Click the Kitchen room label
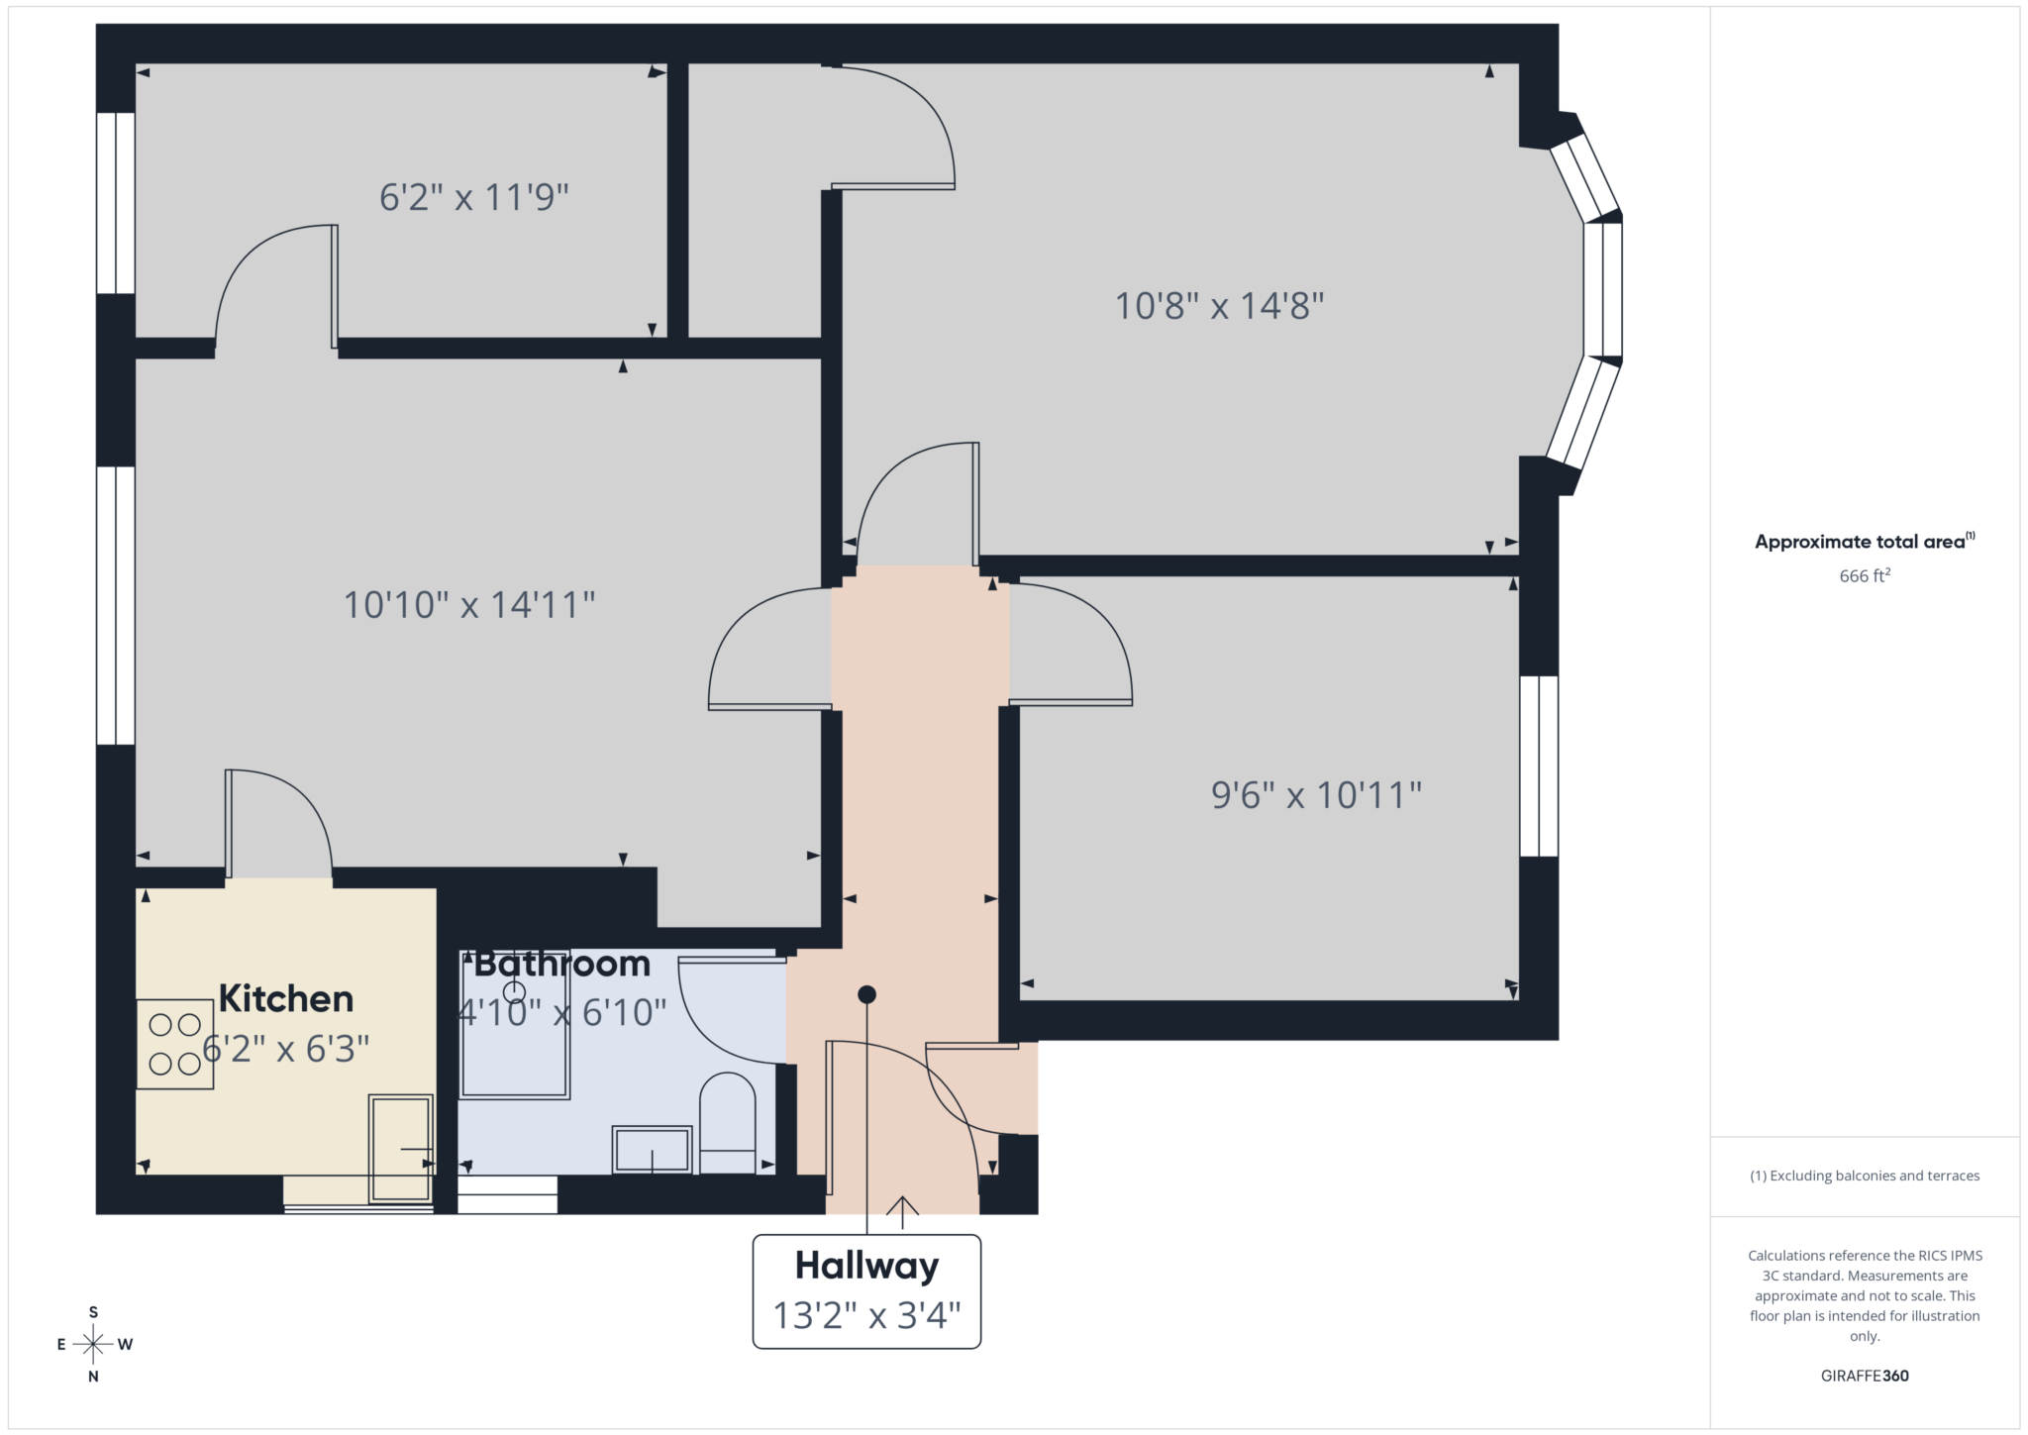(x=285, y=998)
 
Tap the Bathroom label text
(x=561, y=964)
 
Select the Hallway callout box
(x=866, y=1290)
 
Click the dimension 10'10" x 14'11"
(x=468, y=605)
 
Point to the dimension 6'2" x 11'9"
(x=473, y=197)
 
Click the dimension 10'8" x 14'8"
(x=1219, y=306)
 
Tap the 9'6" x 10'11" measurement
(x=1316, y=795)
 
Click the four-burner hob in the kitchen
(x=175, y=1045)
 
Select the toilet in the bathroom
(x=728, y=1124)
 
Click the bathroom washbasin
(x=652, y=1149)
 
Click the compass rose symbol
(x=93, y=1344)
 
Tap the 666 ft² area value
(x=1865, y=575)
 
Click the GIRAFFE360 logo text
(x=1865, y=1376)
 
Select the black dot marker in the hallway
(x=866, y=994)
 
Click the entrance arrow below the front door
(x=902, y=1210)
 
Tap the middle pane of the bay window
(x=1602, y=289)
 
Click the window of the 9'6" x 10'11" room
(x=1538, y=766)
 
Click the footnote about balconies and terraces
(x=1865, y=1176)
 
